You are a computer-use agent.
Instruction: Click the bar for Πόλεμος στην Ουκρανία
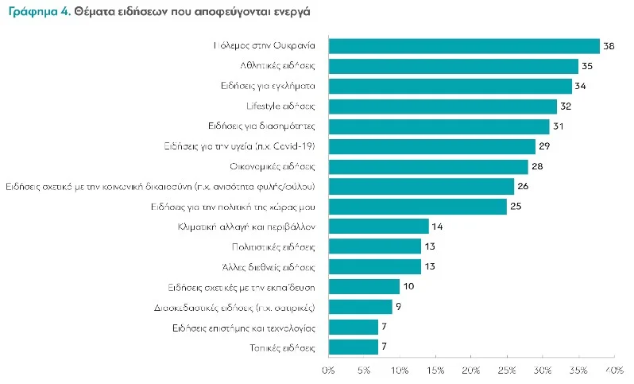463,47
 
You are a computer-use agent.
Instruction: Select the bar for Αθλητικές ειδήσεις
453,67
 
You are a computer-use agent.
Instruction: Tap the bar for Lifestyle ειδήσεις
443,107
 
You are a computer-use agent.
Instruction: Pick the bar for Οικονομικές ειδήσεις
428,166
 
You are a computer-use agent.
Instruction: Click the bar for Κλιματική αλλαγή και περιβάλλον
378,227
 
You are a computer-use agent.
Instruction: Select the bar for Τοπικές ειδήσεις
353,347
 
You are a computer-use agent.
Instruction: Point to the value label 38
609,47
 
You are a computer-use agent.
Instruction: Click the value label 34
581,87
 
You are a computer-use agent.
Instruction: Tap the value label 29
545,147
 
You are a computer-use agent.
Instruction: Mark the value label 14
438,227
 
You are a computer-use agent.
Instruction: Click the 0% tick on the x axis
328,370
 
